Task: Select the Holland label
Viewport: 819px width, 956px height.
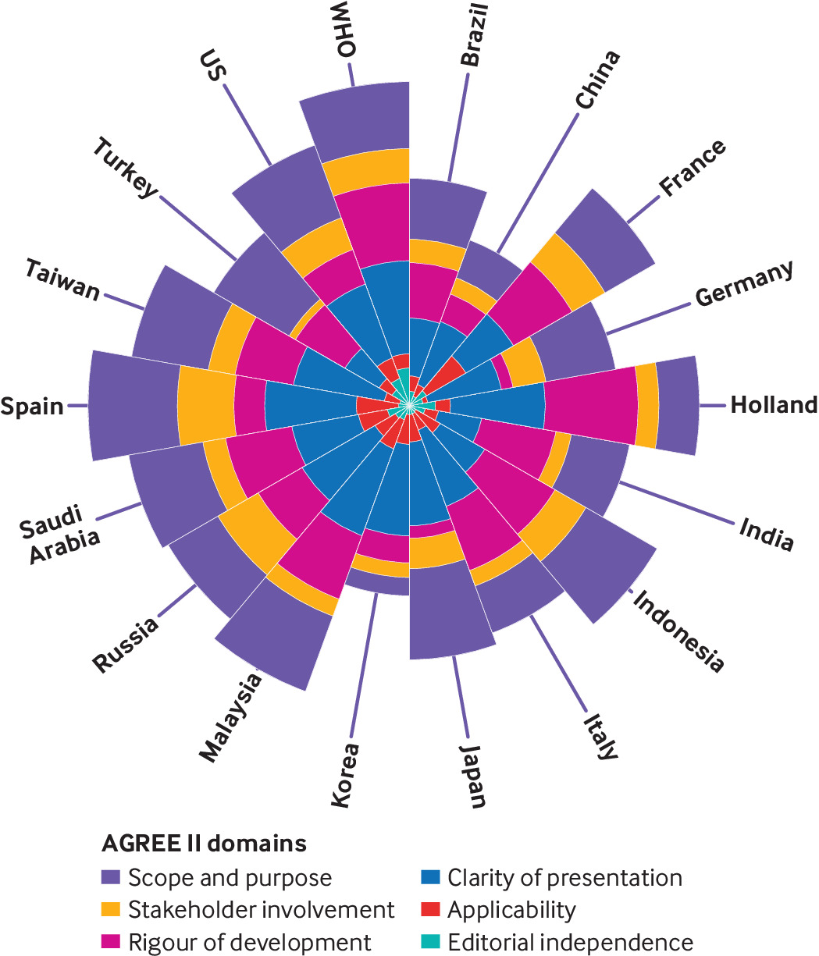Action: [774, 405]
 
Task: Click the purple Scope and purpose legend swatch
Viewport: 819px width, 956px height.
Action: [112, 878]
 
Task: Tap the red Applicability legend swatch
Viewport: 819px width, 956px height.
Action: [431, 910]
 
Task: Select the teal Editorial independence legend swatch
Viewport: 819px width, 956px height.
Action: [431, 942]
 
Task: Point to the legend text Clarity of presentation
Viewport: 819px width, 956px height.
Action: [564, 878]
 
